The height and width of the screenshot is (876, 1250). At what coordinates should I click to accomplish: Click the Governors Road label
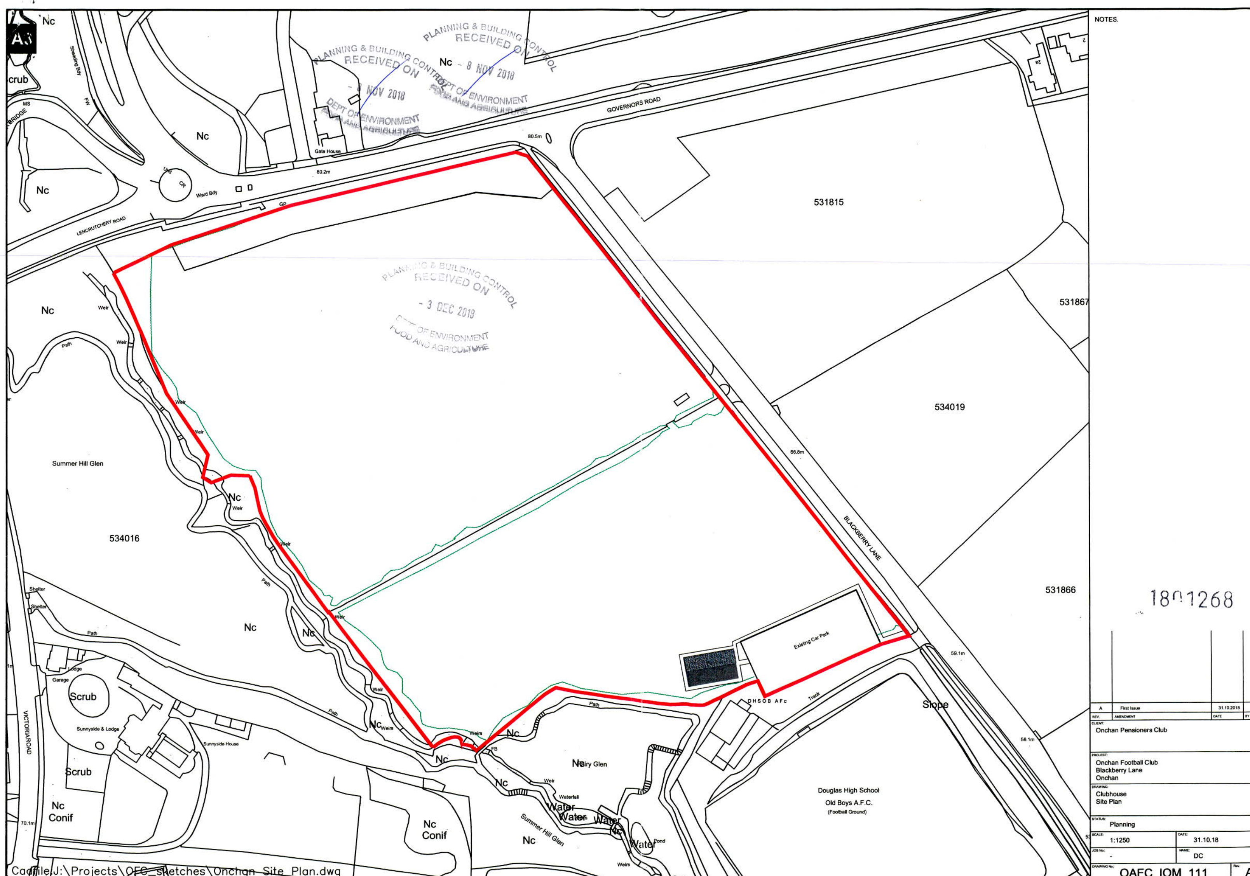633,104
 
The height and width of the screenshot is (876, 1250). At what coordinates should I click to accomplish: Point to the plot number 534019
950,407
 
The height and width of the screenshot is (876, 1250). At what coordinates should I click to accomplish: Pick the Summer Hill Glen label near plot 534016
77,463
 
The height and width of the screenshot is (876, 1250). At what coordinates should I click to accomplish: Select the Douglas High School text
848,790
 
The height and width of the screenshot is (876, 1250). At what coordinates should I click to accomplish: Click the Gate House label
327,152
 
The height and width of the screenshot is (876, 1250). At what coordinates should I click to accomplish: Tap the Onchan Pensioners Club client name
1131,730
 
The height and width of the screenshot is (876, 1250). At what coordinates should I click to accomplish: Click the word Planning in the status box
1122,824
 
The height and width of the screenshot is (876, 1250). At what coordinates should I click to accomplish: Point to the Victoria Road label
26,732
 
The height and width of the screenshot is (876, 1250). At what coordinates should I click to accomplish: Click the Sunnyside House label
220,744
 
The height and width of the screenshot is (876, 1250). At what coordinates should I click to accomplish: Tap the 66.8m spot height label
797,452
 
